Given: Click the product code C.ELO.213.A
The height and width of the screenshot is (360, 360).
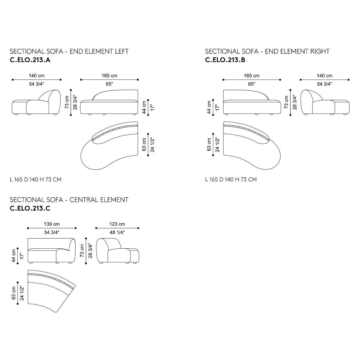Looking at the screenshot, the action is coord(30,60).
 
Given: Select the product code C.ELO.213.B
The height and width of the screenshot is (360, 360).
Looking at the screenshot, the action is coord(225,60).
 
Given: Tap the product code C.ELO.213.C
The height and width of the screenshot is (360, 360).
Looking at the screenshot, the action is coord(30,208).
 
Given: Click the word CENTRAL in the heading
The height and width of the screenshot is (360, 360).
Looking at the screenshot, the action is coord(83,200).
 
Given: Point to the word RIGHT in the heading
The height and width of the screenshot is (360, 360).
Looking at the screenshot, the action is coord(319,51).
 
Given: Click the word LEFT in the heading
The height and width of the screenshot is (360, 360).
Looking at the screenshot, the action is coord(121,51).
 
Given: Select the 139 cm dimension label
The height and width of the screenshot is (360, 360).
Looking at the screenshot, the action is coord(52,224).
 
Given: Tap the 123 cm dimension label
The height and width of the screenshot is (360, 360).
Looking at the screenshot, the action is coord(117,224).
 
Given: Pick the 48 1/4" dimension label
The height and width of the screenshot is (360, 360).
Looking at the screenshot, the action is coord(117,232).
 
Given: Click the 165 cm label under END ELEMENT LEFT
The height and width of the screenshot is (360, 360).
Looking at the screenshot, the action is coord(109,76).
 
